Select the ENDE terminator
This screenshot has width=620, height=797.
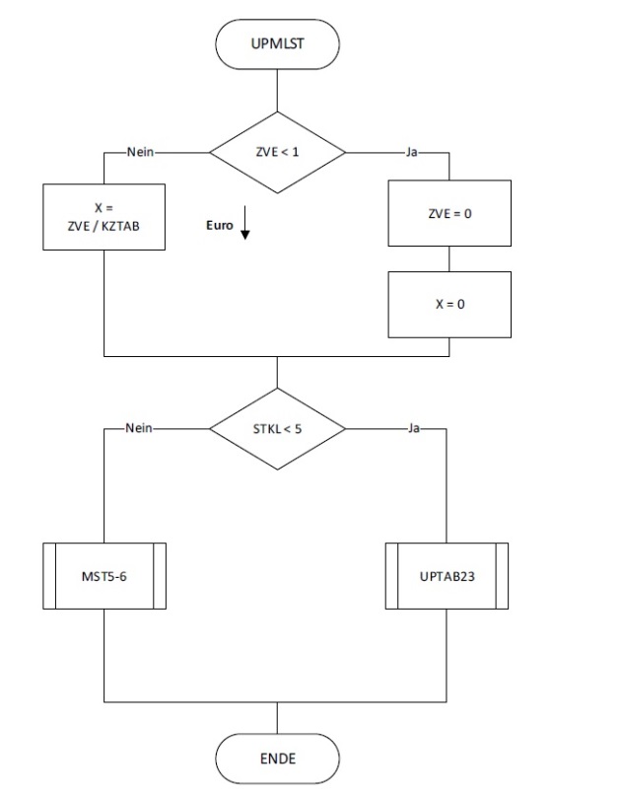coord(277,759)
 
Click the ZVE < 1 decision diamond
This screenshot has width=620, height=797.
coord(277,153)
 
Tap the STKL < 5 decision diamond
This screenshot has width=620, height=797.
coord(277,428)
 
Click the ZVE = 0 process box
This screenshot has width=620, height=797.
coord(449,212)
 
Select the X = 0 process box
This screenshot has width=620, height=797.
coord(449,304)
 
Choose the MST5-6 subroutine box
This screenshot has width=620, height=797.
coord(103,575)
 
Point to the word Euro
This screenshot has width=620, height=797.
coord(219,226)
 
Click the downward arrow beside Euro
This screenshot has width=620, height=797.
coord(245,225)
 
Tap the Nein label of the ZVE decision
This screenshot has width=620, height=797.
coord(141,153)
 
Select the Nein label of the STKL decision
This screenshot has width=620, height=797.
coord(141,428)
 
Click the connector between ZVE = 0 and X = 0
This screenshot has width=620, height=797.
coord(449,259)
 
